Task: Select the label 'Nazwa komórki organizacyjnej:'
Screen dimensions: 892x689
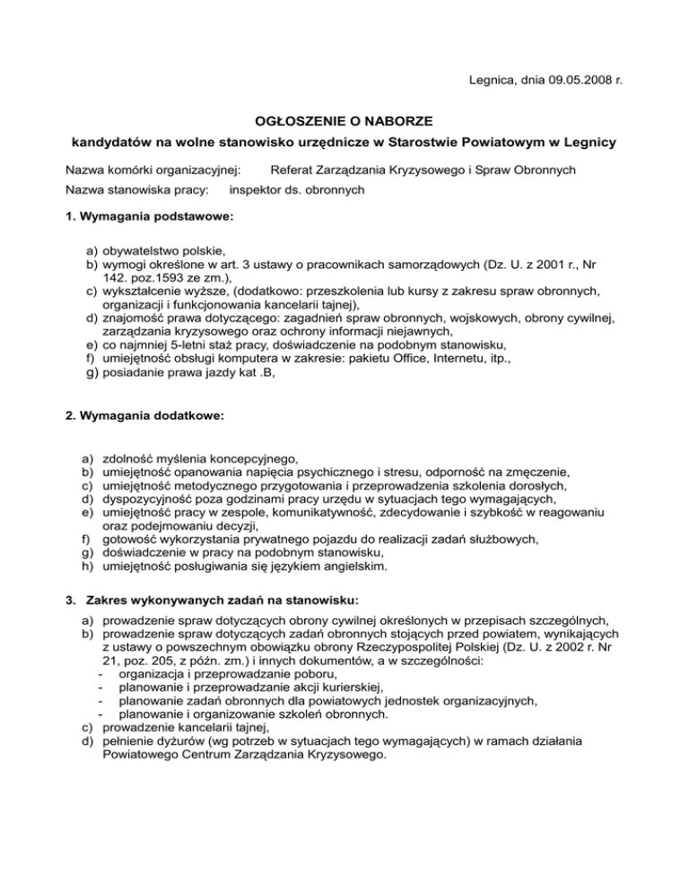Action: (153, 170)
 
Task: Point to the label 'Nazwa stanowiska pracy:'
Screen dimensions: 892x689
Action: (138, 190)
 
